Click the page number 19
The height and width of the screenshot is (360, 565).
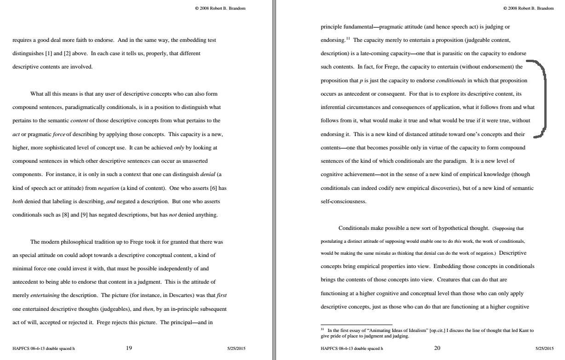[x=129, y=348]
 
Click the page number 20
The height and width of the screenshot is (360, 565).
[x=437, y=348]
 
